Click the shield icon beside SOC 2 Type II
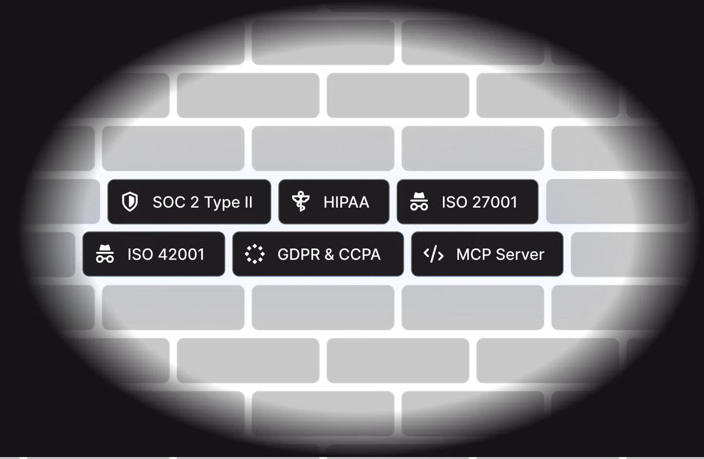(130, 202)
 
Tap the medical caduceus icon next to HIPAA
(300, 202)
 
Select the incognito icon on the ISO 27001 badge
(419, 202)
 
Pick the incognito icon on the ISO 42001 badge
(105, 254)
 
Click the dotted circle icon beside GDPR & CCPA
(254, 254)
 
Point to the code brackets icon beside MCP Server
(433, 254)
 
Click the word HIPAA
(346, 202)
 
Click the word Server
(523, 254)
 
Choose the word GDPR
(299, 254)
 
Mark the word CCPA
(359, 254)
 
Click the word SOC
(169, 202)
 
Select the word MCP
(473, 254)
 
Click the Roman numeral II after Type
(248, 202)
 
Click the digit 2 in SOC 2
(194, 202)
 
